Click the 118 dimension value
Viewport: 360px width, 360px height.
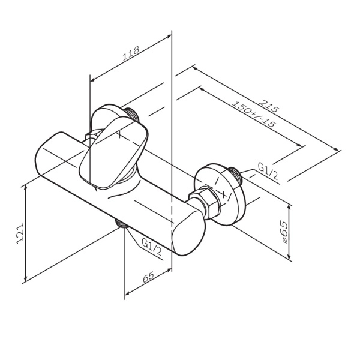[131, 53]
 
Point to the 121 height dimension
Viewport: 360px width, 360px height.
[20, 233]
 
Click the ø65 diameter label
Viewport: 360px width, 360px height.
[284, 232]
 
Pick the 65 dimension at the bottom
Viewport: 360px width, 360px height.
[148, 277]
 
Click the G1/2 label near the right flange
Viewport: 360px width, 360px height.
[268, 171]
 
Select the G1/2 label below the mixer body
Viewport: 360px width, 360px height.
[152, 247]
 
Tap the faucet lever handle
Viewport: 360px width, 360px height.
[113, 153]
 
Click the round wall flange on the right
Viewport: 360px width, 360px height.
[219, 194]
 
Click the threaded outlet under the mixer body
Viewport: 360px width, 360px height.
[122, 224]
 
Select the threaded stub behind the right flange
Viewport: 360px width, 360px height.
[235, 176]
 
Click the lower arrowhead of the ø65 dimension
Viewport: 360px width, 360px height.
[290, 256]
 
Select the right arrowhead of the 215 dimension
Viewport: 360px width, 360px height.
[336, 149]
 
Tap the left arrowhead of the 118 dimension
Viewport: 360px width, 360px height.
[93, 79]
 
